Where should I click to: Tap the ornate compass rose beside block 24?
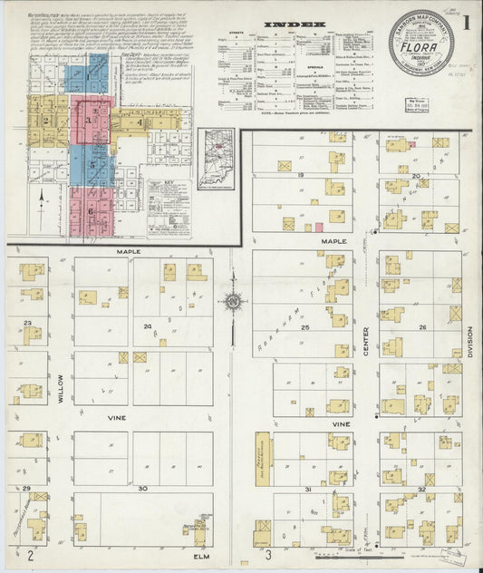[233, 302]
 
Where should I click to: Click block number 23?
[28, 322]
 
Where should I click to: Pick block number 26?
[422, 327]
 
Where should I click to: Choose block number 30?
[142, 488]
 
